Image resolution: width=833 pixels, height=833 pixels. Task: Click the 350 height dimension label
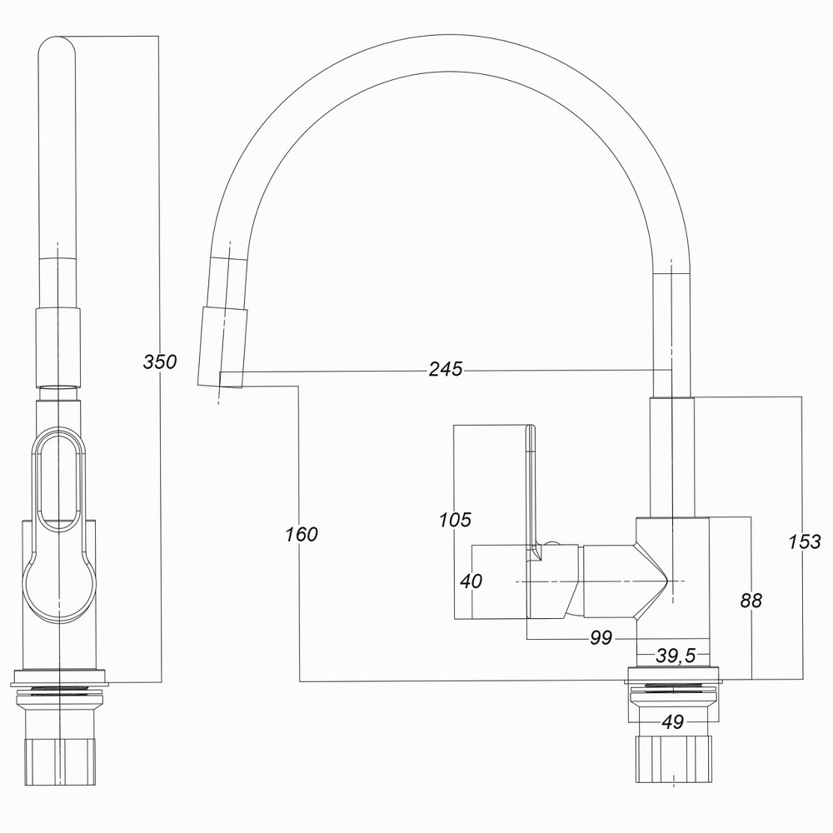pos(159,362)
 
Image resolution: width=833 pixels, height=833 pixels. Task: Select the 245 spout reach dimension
pos(446,369)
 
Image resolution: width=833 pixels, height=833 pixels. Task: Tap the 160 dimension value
pos(301,534)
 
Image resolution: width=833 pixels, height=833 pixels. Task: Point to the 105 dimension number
pos(455,521)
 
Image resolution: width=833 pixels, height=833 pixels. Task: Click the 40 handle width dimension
pos(471,581)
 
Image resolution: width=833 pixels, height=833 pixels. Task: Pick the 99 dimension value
pos(601,638)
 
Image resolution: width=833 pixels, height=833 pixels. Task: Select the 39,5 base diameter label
pos(675,656)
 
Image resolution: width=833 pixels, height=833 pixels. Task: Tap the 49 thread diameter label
pos(672,722)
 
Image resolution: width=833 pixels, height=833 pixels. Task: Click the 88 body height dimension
pos(751,600)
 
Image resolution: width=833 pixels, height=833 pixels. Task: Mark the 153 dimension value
pos(804,541)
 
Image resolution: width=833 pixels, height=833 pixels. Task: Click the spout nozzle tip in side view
pos(222,347)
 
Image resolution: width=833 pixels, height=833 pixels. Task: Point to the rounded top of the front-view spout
pos(58,46)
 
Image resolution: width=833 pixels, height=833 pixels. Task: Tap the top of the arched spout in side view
pos(450,54)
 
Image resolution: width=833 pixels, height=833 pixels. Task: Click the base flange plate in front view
pos(60,676)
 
